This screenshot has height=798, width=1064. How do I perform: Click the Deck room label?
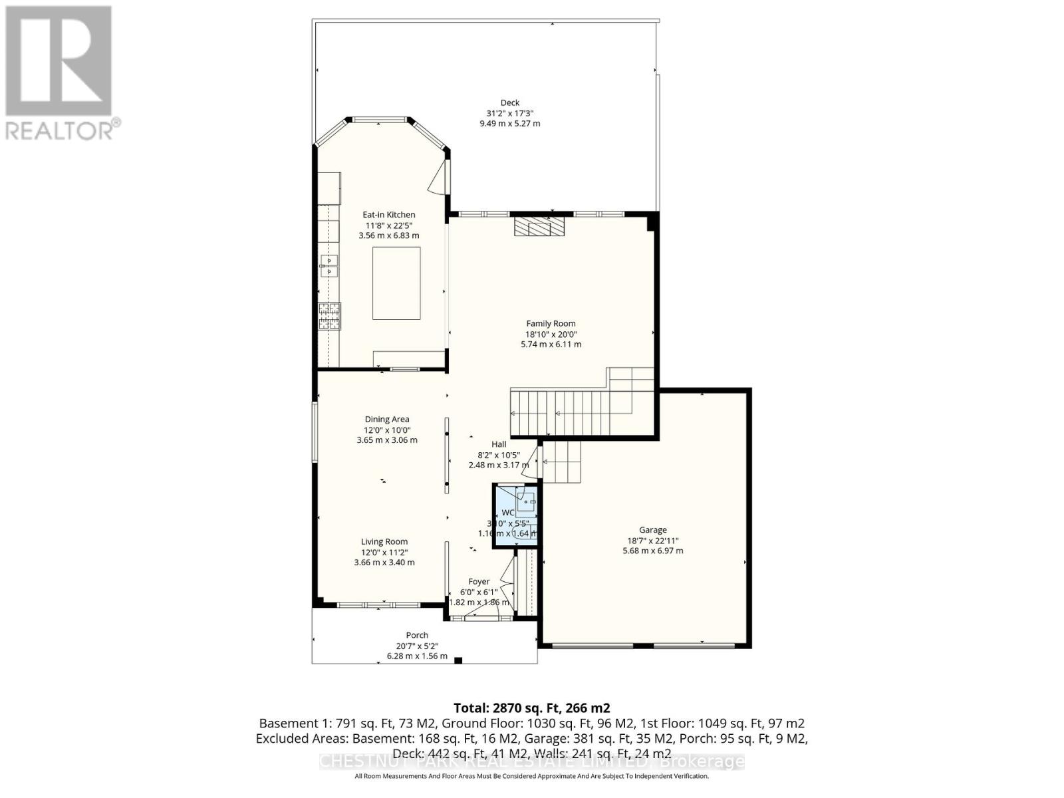click(510, 102)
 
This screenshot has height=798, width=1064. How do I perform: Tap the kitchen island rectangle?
click(396, 283)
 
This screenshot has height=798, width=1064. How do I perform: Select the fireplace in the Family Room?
click(539, 227)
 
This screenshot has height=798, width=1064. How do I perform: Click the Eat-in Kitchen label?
click(389, 215)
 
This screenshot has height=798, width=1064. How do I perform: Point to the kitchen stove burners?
click(331, 316)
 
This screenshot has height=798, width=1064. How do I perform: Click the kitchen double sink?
click(329, 265)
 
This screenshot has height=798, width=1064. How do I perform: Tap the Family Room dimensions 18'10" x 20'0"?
click(551, 334)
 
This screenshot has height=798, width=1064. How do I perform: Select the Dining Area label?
click(387, 419)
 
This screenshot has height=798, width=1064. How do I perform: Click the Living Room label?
click(384, 541)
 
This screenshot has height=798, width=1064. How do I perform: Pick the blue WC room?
click(515, 516)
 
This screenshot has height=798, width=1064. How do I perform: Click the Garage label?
click(653, 530)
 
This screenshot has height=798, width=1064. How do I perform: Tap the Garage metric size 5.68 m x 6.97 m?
click(653, 551)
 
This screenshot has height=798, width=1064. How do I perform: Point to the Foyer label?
click(479, 581)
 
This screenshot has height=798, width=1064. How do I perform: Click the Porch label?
click(417, 635)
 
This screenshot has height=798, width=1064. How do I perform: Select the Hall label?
click(499, 444)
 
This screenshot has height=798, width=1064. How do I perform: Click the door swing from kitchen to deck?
click(437, 178)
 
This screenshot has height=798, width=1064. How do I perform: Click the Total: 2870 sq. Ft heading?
click(531, 708)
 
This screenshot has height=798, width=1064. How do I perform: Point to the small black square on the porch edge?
click(458, 660)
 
